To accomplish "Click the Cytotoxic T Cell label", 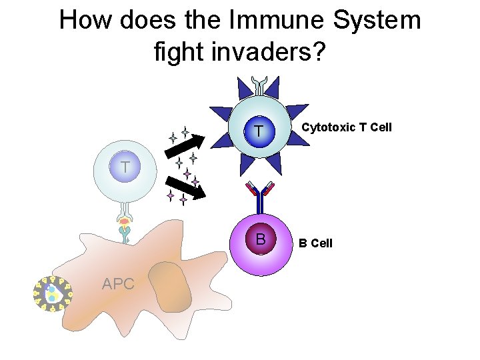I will [x=347, y=127].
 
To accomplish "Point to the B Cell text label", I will [x=315, y=243].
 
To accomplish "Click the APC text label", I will [x=118, y=284].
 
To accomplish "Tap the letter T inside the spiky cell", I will [x=257, y=131].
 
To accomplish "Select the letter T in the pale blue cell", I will [x=125, y=167].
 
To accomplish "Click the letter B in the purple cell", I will [x=261, y=239].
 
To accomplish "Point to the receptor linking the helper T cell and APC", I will [x=124, y=227].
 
